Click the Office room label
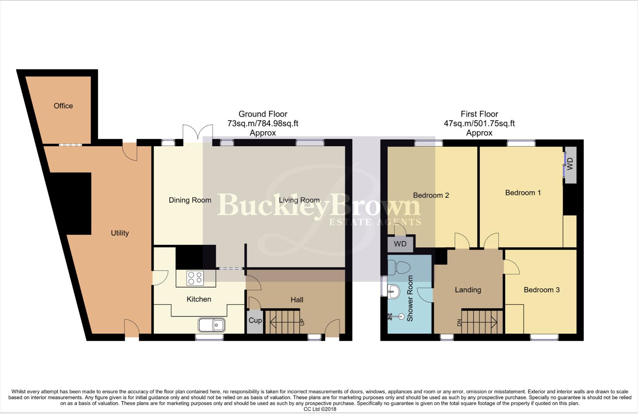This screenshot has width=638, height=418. click(63, 106)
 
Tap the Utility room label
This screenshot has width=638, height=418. click(120, 233)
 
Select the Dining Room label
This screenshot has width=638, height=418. click(190, 200)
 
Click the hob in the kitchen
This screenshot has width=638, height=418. click(195, 278)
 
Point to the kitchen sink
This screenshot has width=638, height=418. click(212, 325)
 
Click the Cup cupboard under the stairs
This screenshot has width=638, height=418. click(255, 321)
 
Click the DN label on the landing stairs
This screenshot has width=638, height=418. click(459, 322)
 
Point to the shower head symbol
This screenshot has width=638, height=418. click(400, 317)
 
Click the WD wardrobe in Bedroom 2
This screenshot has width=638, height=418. click(400, 244)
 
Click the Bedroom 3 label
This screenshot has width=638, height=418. click(541, 290)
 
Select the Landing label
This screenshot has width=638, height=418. click(468, 290)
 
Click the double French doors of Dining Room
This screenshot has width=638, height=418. click(198, 132)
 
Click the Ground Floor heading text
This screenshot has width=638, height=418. click(263, 114)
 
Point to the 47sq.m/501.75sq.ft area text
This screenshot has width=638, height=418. click(479, 123)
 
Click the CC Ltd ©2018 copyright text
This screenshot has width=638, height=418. click(320, 409)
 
